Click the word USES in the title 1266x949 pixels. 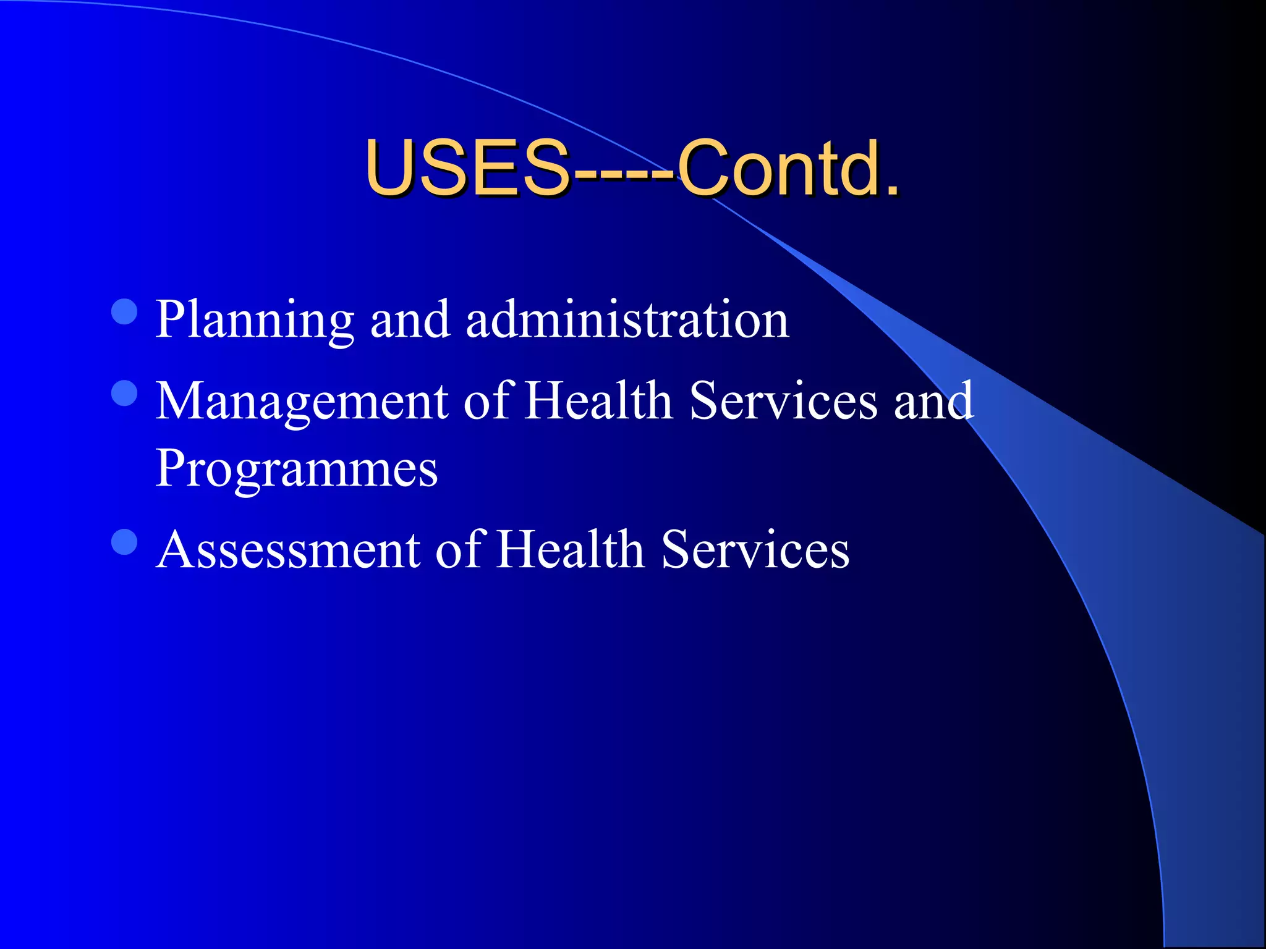(467, 167)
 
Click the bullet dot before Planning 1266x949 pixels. (124, 312)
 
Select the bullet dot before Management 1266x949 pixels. (124, 394)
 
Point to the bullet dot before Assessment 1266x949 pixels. (124, 542)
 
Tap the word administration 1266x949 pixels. (627, 320)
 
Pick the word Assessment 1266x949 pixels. (288, 549)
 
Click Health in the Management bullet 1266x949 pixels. (598, 401)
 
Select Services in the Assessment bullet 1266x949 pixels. (755, 549)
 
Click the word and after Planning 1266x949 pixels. (410, 320)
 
